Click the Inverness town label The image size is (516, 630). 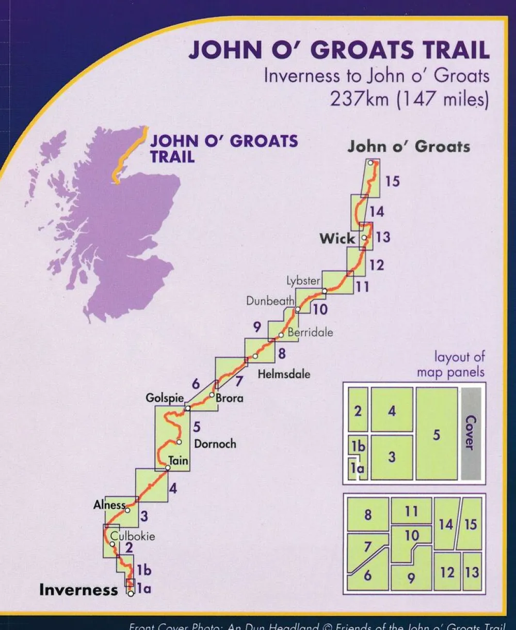click(78, 590)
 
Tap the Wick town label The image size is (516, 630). click(337, 239)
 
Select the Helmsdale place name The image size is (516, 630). click(284, 373)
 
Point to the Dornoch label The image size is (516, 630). click(215, 444)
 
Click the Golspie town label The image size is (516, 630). click(165, 398)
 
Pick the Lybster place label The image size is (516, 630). click(304, 281)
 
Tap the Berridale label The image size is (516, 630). click(310, 332)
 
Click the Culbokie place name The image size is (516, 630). click(133, 536)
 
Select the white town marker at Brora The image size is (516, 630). click(212, 395)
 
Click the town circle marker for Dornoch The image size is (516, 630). click(179, 442)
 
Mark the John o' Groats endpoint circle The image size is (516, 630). click(370, 163)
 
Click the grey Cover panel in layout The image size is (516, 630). click(470, 433)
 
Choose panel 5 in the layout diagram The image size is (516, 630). click(437, 434)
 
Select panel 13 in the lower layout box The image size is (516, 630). click(472, 572)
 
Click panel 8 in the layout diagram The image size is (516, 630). click(367, 514)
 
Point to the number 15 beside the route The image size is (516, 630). click(392, 181)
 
